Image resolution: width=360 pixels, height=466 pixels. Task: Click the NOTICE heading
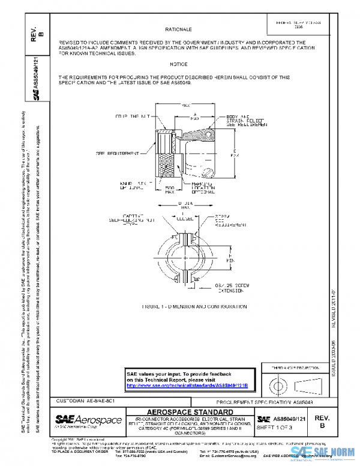click(x=178, y=64)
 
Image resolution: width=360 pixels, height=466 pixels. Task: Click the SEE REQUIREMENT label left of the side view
click(x=116, y=153)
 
